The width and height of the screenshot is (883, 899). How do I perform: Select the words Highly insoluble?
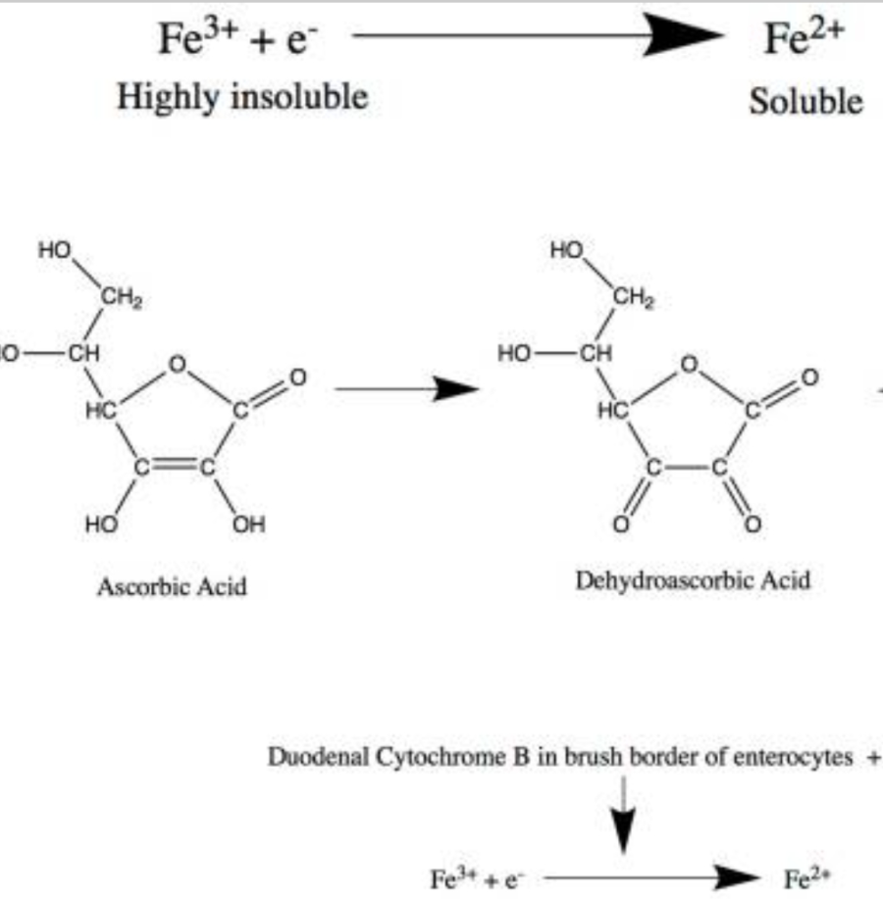(x=242, y=97)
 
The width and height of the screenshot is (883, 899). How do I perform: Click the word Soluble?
(x=805, y=101)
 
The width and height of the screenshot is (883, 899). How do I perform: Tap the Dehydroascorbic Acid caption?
(x=694, y=579)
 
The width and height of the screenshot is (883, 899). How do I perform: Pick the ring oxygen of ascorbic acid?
(x=177, y=366)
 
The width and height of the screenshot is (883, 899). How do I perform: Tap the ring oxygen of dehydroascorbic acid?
(x=690, y=364)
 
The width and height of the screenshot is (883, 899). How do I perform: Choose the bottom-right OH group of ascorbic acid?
(x=248, y=524)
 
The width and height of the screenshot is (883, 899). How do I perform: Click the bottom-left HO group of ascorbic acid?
(x=101, y=524)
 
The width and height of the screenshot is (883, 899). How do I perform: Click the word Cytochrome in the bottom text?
(x=447, y=759)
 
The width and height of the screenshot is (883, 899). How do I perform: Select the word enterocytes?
(x=803, y=759)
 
